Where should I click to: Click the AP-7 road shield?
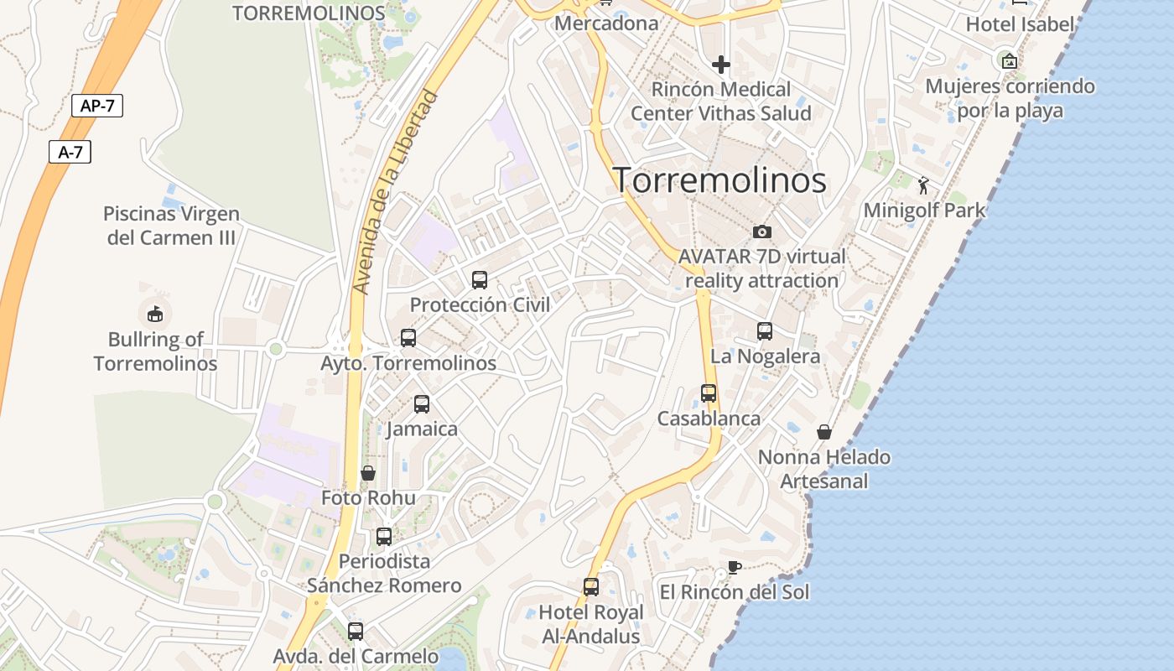(97, 106)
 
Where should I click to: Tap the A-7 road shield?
(70, 152)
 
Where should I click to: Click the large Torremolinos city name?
(720, 180)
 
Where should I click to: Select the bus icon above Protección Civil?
(480, 280)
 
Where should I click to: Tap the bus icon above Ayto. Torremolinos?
(408, 338)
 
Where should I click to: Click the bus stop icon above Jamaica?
(422, 404)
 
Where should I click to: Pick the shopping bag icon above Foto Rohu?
(367, 473)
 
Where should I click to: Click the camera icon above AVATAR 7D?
(762, 231)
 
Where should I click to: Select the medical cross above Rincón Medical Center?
(721, 65)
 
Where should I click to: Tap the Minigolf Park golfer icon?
(924, 185)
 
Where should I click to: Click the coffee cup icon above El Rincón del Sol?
(734, 568)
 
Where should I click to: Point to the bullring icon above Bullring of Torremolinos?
(155, 315)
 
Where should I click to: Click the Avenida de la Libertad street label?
(395, 192)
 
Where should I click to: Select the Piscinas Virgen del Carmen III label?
(171, 226)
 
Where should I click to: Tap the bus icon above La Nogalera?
(765, 331)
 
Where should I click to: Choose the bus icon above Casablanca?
(709, 393)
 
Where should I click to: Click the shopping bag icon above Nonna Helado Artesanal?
(824, 432)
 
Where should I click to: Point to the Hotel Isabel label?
(1020, 24)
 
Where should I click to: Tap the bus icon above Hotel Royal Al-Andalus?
(591, 587)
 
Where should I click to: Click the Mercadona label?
(606, 23)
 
